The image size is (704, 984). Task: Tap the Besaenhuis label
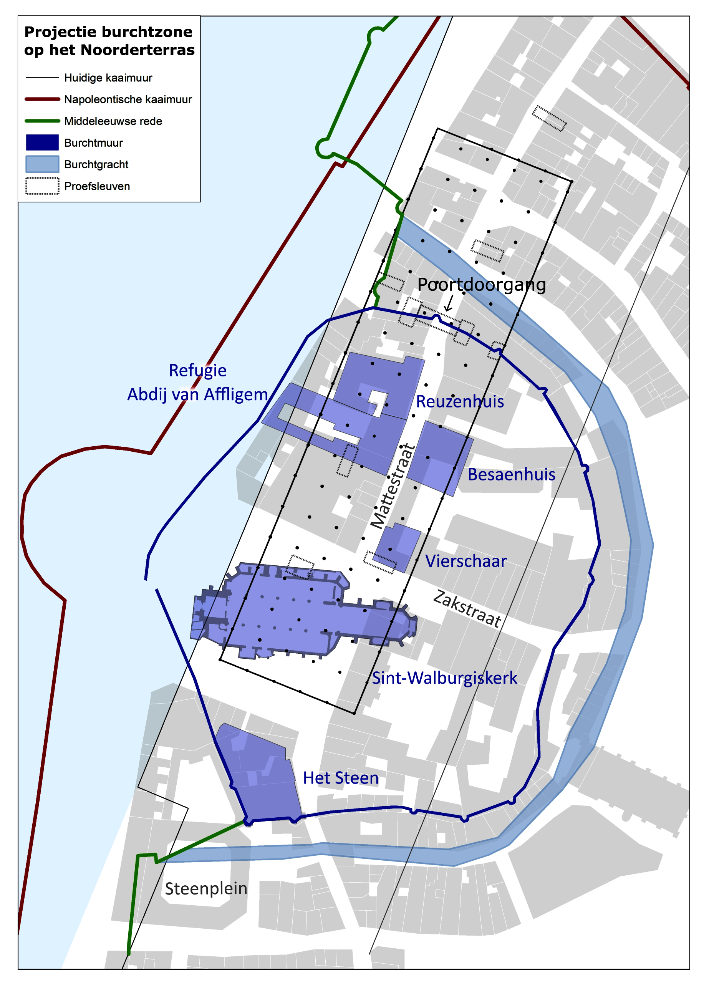(511, 474)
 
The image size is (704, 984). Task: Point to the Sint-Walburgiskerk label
(444, 678)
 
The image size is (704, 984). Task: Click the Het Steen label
(341, 778)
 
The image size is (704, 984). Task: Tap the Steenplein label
(206, 889)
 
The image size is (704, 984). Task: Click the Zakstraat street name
(467, 609)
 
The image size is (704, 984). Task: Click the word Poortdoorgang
(481, 285)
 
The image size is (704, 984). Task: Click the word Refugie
(198, 371)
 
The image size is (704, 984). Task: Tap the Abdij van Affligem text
(198, 394)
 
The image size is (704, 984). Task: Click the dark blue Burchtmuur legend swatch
(42, 142)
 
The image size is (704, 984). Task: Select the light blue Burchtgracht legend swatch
(42, 164)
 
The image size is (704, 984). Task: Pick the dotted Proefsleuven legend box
(42, 186)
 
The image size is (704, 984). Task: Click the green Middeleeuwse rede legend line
(42, 121)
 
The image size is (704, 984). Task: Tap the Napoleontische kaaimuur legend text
(128, 100)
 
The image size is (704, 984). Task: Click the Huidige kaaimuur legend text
(108, 78)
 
